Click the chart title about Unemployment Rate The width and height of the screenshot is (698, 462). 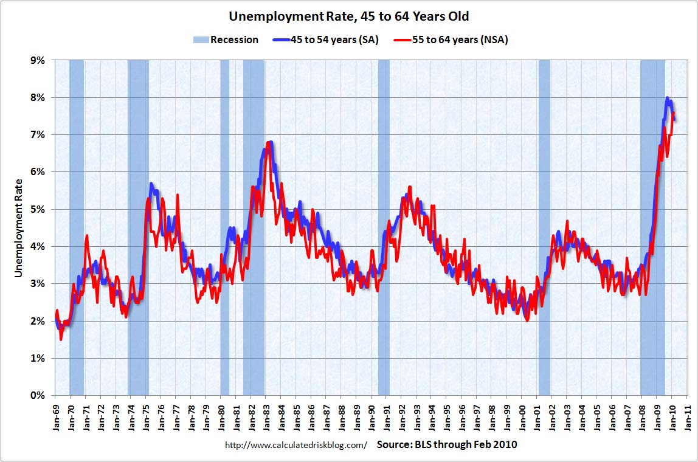click(348, 16)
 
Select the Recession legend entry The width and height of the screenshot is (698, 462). click(226, 40)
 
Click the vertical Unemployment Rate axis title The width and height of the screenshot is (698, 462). click(19, 228)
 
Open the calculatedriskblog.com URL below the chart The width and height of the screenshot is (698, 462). click(296, 445)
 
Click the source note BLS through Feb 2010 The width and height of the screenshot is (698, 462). click(447, 444)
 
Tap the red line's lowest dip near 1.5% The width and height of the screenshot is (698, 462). click(61, 339)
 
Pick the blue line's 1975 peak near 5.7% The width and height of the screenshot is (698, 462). click(151, 184)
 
